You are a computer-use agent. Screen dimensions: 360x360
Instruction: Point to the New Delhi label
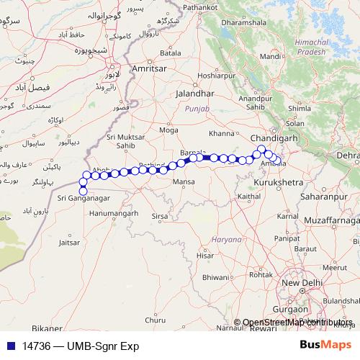300,283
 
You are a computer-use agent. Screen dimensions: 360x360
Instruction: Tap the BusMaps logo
325,346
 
